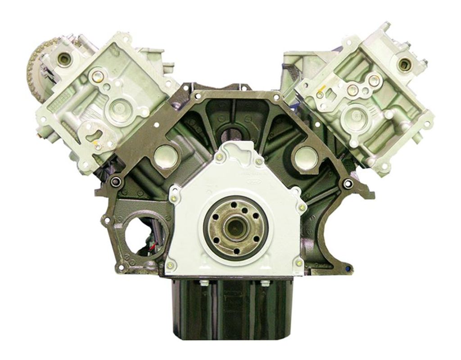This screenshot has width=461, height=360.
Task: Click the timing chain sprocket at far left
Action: (35, 67)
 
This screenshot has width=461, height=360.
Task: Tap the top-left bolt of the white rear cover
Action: (218, 156)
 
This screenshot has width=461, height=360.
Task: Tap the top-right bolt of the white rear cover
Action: (259, 161)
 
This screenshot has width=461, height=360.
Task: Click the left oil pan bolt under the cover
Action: (202, 283)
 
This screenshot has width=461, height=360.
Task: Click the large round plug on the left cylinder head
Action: (116, 108)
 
